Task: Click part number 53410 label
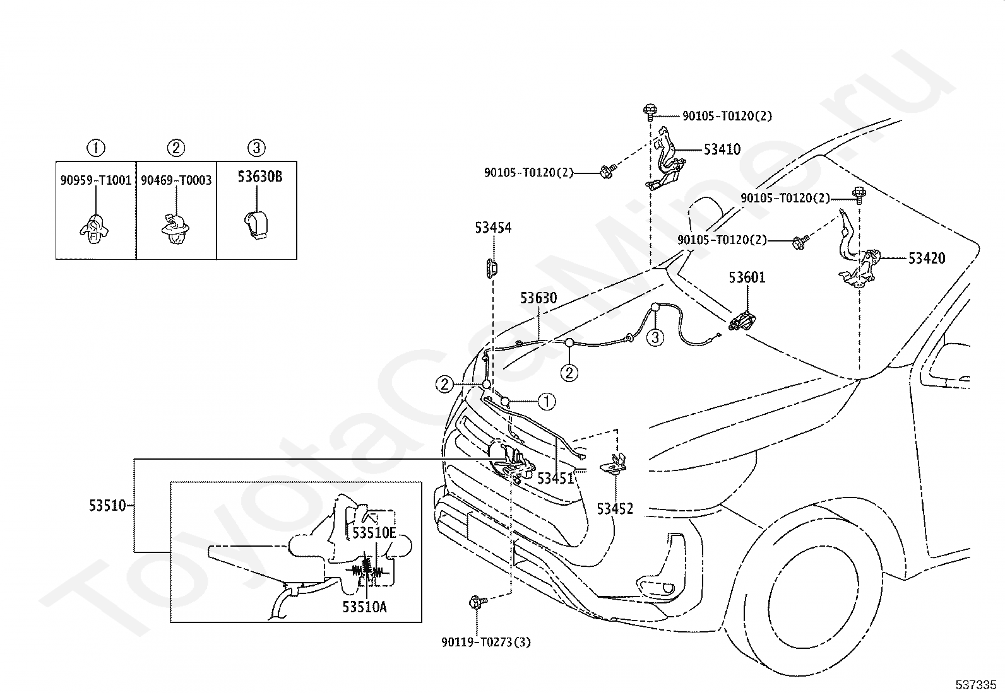point(722,149)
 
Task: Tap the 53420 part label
point(927,258)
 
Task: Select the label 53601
point(747,277)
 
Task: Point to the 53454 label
point(493,228)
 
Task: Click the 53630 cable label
point(538,298)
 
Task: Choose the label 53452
point(615,509)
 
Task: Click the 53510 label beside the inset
point(107,506)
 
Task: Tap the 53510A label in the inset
point(364,607)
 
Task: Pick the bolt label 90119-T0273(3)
point(486,643)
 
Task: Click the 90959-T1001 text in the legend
point(95,180)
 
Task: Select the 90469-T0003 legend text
point(176,180)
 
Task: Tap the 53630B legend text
point(260,177)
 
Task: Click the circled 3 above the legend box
point(256,148)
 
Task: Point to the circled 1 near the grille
point(547,401)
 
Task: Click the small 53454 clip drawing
point(491,268)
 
